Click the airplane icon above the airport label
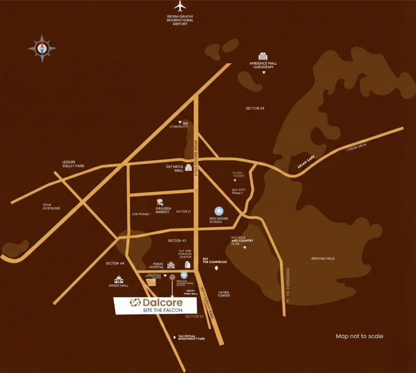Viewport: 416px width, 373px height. point(180,6)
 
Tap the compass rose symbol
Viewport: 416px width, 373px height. point(42,48)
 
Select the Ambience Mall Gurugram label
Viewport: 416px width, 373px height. point(263,65)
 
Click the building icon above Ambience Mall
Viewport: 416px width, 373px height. point(263,56)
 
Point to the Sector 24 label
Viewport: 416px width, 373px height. point(255,108)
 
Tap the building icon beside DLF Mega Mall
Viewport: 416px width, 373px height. point(188,168)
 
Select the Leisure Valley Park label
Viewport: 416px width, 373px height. point(73,164)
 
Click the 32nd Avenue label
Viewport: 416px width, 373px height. point(52,206)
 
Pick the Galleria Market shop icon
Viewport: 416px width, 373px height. point(160,202)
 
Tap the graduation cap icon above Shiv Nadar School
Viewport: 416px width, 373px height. point(219,211)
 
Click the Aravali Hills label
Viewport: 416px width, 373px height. point(323,259)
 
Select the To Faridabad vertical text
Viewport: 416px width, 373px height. point(287,285)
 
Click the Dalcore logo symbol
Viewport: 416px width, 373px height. point(135,303)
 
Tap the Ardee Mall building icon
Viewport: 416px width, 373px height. point(119,279)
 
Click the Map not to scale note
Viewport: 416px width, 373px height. point(360,336)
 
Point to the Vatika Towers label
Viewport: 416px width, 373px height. point(224,294)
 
